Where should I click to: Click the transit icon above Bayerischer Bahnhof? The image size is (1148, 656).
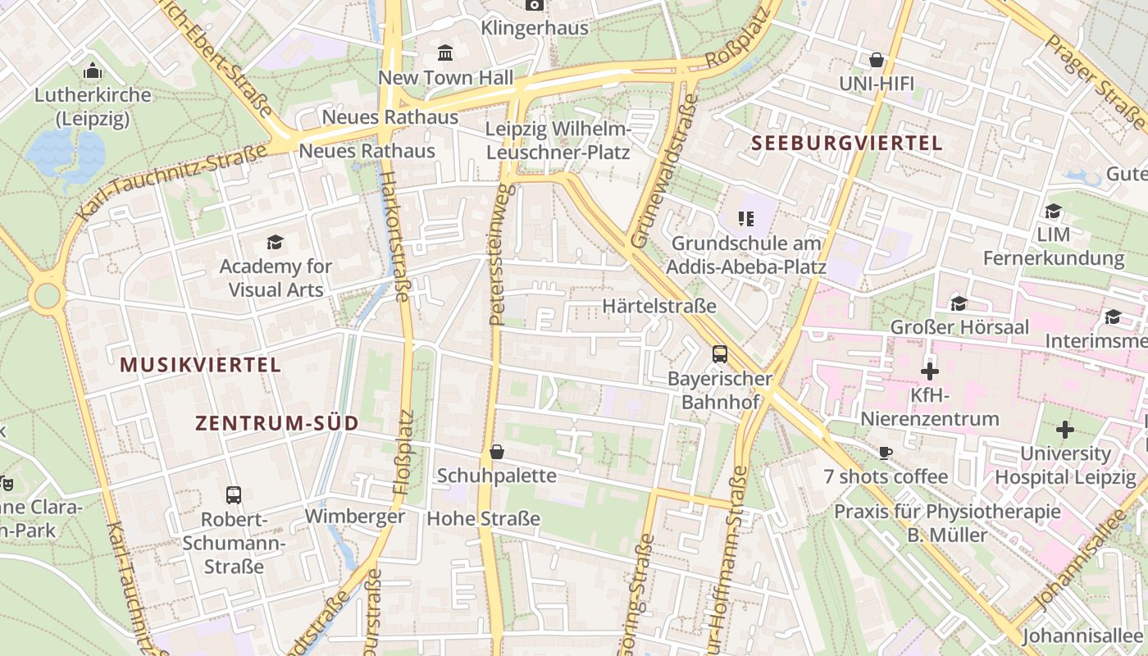point(719,354)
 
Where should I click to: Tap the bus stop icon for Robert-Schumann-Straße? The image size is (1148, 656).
point(234,494)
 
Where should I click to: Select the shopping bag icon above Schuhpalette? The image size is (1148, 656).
point(496,452)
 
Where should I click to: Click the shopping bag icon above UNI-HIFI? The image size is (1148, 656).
point(876,60)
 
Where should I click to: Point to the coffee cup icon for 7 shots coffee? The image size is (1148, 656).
point(886,453)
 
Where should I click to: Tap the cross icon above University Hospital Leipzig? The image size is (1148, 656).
point(1064,429)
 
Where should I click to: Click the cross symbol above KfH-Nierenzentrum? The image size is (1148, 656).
point(929,371)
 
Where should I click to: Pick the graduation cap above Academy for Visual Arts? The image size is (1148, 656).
point(275,242)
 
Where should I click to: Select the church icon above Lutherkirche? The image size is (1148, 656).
point(93,71)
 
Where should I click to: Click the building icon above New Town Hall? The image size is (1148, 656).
point(445,53)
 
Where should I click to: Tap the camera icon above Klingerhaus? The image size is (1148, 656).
point(534,5)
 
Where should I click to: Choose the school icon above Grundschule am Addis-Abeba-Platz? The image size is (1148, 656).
point(745,218)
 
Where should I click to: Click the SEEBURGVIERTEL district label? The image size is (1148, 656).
point(847,143)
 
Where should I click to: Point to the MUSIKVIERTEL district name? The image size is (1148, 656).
point(201,365)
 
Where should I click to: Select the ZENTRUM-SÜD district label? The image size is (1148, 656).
point(276,423)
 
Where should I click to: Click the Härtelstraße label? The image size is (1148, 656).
point(659,306)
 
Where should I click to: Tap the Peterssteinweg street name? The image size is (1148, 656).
point(501,254)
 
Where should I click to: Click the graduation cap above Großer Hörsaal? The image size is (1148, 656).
point(959,303)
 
